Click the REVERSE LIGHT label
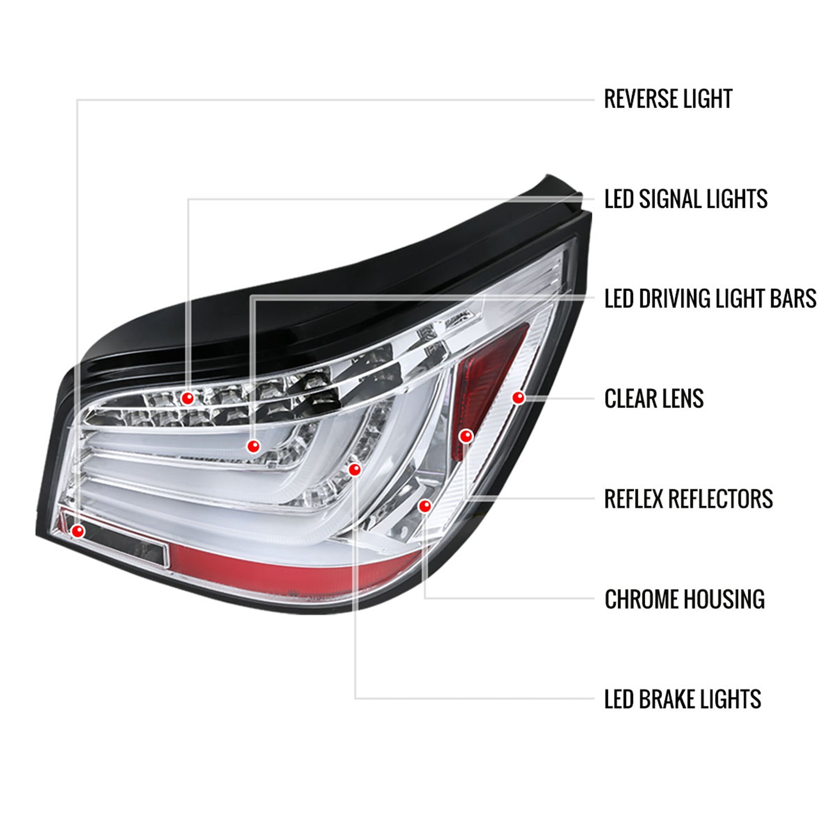(667, 99)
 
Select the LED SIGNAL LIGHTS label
(685, 199)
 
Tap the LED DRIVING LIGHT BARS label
(710, 299)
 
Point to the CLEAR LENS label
(654, 399)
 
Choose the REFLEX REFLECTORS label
(688, 499)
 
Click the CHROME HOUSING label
(684, 600)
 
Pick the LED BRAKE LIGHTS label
(682, 699)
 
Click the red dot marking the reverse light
(78, 531)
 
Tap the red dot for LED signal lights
(188, 398)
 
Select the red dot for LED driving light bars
(253, 446)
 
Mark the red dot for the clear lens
(518, 397)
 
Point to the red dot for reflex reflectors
(466, 436)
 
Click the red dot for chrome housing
(425, 505)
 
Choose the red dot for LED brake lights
(355, 470)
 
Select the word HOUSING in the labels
(724, 600)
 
